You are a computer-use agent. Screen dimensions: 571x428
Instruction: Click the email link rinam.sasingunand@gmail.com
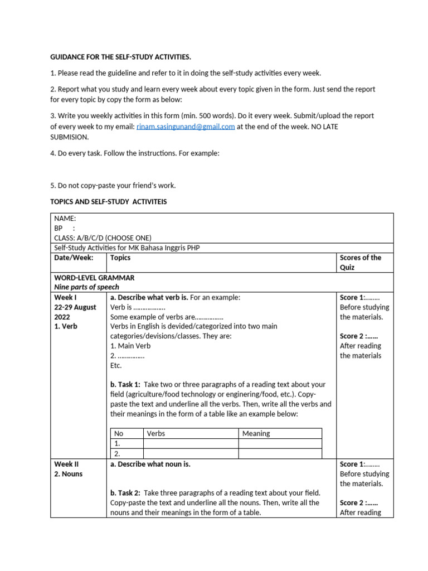pos(185,127)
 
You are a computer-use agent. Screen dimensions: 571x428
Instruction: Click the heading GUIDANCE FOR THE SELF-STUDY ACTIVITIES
pos(120,57)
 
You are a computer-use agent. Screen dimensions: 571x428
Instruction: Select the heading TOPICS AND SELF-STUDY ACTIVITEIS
pos(108,201)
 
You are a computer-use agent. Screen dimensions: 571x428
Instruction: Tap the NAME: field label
pos(65,219)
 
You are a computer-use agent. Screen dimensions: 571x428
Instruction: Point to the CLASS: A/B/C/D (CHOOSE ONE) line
pos(102,238)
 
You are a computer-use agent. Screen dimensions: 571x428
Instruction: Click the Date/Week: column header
pos(74,258)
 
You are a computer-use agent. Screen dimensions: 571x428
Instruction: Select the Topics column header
pos(120,258)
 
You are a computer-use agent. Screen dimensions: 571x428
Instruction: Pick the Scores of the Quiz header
pos(360,262)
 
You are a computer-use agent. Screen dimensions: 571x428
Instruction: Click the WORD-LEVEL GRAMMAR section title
pos(94,277)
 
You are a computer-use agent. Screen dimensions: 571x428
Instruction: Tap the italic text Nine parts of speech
pos(86,287)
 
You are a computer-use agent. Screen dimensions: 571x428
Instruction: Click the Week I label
pos(65,297)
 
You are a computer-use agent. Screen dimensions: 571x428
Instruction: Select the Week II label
pos(66,464)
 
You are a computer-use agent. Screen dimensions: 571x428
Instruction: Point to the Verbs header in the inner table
pos(155,433)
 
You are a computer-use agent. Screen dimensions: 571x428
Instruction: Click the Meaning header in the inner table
pos(256,433)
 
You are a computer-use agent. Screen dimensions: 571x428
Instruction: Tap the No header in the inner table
pos(118,433)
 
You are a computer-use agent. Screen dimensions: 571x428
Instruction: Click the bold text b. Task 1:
pos(125,385)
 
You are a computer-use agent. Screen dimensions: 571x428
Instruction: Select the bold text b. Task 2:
pos(125,493)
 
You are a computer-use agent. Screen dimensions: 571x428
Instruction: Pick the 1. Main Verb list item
pos(130,346)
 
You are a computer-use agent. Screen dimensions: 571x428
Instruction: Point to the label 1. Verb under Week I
pos(66,326)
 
